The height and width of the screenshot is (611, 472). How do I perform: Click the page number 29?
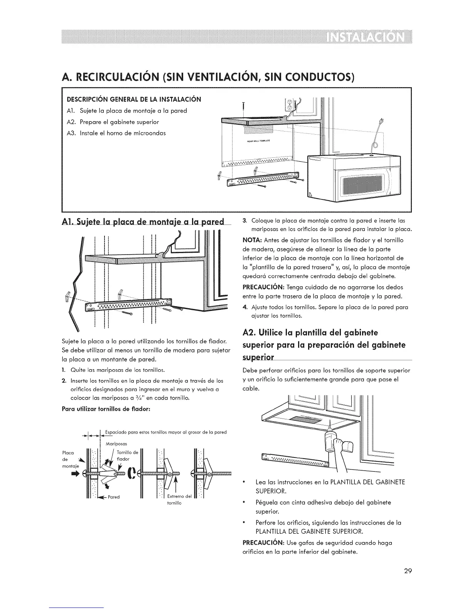click(x=408, y=571)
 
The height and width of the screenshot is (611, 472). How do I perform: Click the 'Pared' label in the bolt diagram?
click(x=114, y=497)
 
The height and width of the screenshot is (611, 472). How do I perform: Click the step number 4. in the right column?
click(x=244, y=307)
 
